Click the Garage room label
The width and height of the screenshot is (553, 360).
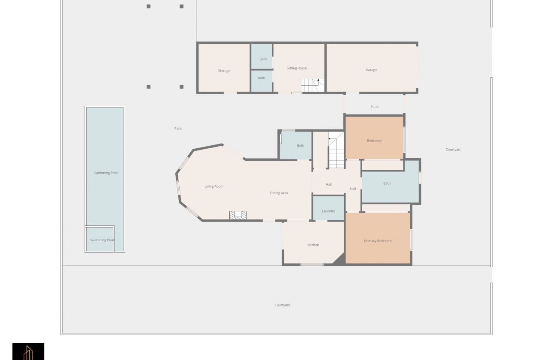(x=371, y=70)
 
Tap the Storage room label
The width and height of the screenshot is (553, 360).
(x=224, y=71)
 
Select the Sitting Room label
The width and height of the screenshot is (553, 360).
(x=297, y=68)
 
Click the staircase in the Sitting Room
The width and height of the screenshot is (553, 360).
(x=313, y=85)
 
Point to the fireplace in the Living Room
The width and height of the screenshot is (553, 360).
(x=238, y=215)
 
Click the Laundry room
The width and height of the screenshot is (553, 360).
(x=328, y=208)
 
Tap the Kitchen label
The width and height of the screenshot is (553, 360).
(x=313, y=245)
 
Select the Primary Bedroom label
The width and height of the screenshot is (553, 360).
(x=378, y=241)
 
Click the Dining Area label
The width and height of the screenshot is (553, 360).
(x=279, y=193)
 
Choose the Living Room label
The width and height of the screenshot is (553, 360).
(x=214, y=186)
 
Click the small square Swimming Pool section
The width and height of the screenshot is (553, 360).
(x=99, y=239)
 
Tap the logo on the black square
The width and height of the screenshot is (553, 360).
(x=28, y=353)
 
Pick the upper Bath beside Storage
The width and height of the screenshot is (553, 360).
(x=261, y=57)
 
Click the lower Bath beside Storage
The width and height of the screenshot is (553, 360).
(x=261, y=81)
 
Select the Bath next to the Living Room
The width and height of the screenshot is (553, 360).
(x=295, y=146)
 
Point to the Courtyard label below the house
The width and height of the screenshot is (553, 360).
(x=282, y=305)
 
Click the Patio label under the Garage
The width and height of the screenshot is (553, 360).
(x=374, y=107)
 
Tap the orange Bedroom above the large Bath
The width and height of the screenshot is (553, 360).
(x=374, y=138)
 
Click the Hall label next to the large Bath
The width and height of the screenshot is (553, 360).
(x=353, y=189)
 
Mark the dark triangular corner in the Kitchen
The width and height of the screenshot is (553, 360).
(x=341, y=260)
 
